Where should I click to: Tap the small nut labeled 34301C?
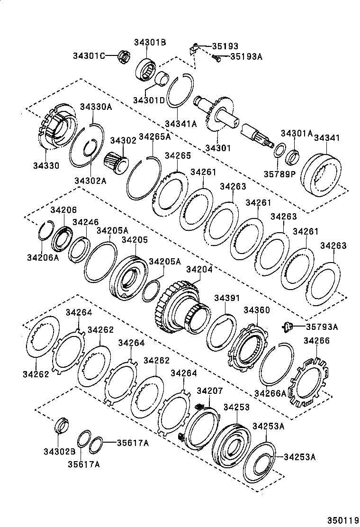pyautogui.click(x=124, y=57)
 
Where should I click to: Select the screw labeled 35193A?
pyautogui.click(x=217, y=58)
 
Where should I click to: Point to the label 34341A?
pyautogui.click(x=180, y=124)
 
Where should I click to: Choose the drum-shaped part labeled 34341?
pyautogui.click(x=320, y=173)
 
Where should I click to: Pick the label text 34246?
pyautogui.click(x=86, y=221)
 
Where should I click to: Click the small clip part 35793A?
pyautogui.click(x=287, y=326)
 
